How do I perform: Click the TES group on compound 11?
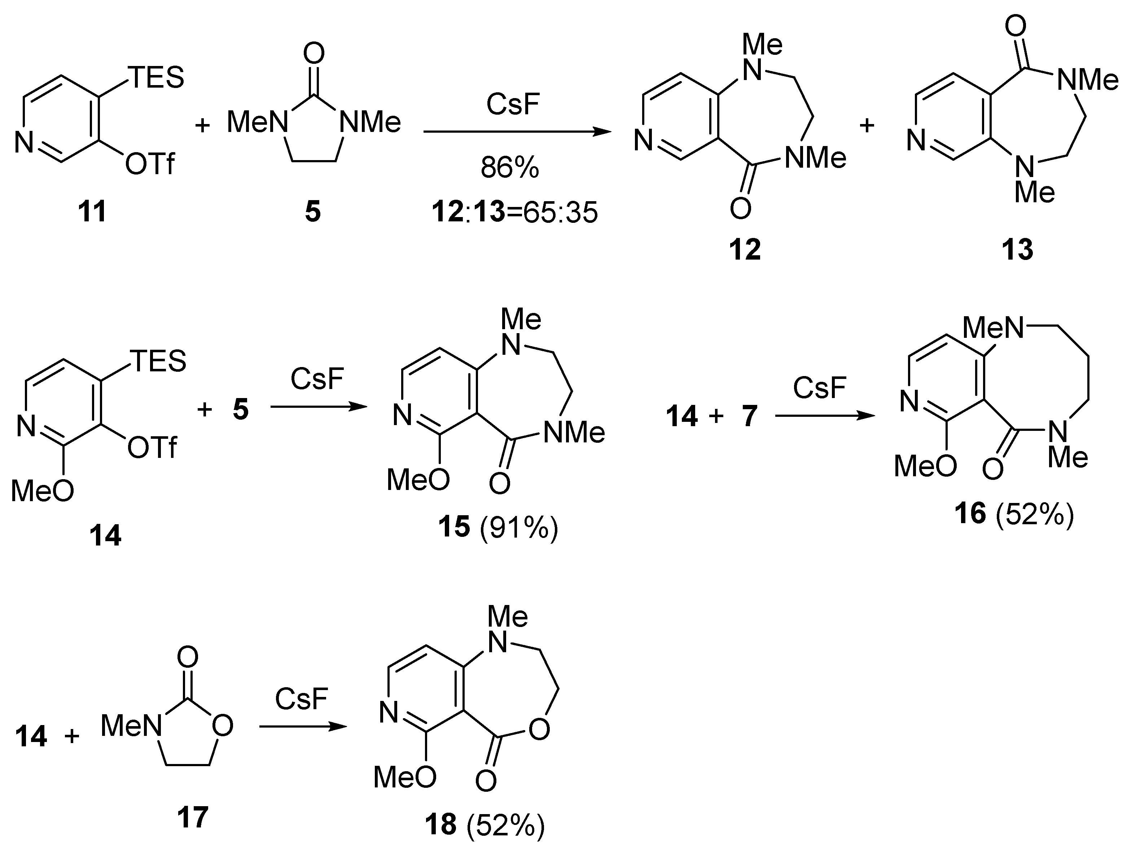[x=158, y=78]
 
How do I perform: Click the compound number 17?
[x=193, y=817]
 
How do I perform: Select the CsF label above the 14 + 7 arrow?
[x=819, y=387]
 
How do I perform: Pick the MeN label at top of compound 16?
[x=992, y=327]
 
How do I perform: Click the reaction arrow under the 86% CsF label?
[x=517, y=132]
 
